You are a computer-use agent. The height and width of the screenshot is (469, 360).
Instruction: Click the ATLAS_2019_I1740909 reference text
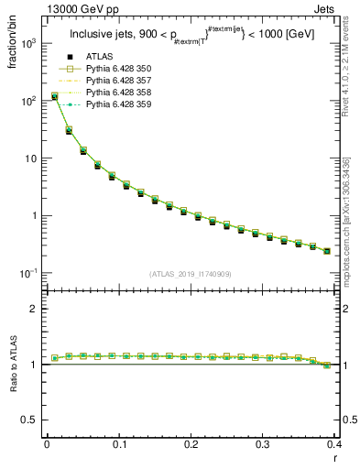[190, 273]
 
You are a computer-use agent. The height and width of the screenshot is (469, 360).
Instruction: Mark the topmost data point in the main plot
[55, 95]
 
